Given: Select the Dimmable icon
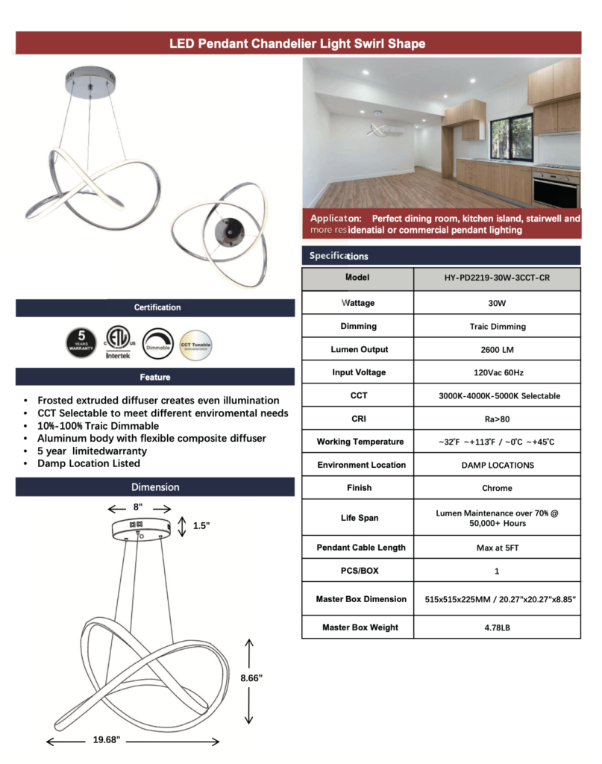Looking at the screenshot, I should click(x=157, y=342).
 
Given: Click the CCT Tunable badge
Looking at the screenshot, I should click(x=195, y=342).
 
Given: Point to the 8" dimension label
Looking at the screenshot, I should click(x=137, y=507).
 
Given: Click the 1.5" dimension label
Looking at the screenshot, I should click(x=201, y=526).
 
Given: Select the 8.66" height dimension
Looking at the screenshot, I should click(x=251, y=677).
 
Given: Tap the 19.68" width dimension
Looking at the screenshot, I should click(x=107, y=740).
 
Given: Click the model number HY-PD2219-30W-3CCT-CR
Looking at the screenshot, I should click(x=497, y=278).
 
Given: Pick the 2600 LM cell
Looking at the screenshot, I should click(x=497, y=349).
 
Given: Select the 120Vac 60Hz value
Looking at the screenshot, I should click(x=497, y=372).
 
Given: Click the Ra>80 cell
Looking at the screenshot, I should click(x=497, y=419).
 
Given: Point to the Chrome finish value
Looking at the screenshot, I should click(x=497, y=488).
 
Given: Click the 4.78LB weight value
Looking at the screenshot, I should click(x=497, y=627).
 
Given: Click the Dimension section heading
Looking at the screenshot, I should click(x=155, y=487).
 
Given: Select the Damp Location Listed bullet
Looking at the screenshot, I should click(x=89, y=463).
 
